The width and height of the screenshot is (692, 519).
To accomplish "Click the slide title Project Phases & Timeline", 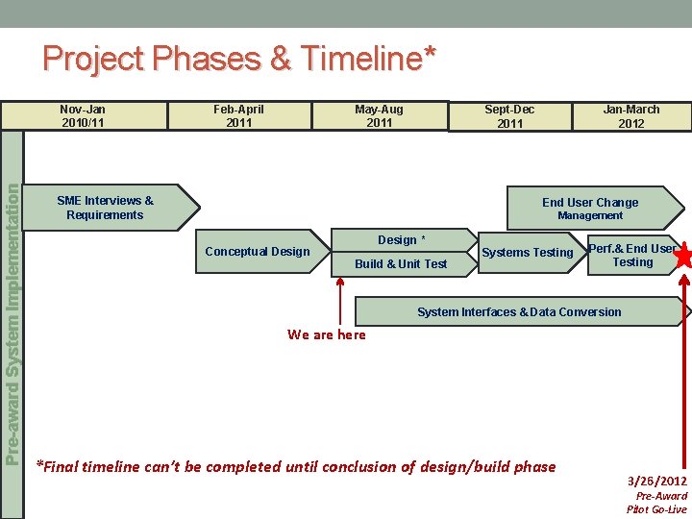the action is [238, 59].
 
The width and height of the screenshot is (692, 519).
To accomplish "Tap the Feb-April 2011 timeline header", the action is [238, 116].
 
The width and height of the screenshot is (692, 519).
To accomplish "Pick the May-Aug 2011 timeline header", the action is [379, 116].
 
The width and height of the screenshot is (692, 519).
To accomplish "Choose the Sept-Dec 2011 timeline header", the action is [509, 116].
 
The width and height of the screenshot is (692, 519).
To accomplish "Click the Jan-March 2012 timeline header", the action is [630, 116].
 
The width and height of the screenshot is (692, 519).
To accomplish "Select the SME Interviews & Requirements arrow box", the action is [106, 208].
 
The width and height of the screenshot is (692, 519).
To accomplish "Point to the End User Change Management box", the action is [589, 209].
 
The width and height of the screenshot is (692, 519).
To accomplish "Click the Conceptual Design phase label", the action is [258, 252].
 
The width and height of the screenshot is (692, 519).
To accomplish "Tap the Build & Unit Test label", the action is [401, 264].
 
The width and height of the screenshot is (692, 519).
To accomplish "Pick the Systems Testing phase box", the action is [527, 253].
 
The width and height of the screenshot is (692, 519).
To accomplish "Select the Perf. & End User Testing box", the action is [631, 255].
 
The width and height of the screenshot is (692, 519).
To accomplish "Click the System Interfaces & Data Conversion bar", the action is [519, 312].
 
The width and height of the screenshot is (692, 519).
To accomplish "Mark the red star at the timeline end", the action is [685, 257].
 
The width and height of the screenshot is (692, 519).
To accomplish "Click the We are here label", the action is [327, 334].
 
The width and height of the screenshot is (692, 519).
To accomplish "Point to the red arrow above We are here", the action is [338, 303].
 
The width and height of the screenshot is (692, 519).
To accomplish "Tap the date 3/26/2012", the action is [657, 481].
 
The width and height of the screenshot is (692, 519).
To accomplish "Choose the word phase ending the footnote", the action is [534, 467].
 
